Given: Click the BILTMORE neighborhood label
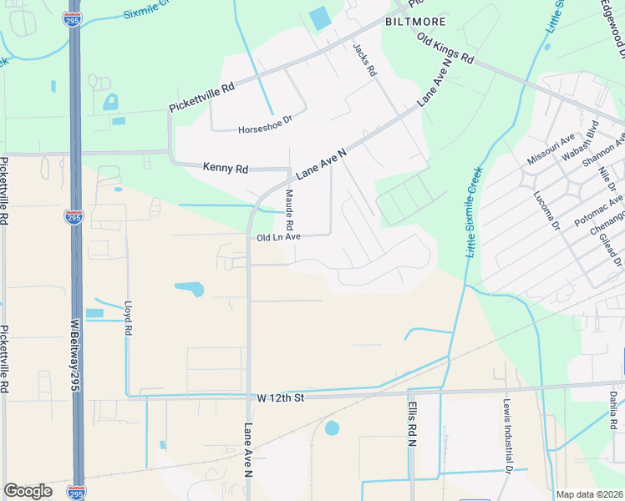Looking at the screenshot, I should pos(415,20).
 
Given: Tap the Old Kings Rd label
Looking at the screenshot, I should pos(445,50).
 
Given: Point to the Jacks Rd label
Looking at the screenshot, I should pos(366,60).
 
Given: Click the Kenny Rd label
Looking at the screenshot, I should pos(226,168).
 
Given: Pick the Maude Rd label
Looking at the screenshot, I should pos(289,210).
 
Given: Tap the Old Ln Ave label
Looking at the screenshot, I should pos(278,237).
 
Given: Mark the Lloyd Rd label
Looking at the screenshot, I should pos(128,318).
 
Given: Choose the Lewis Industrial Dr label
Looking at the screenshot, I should pos(507,436).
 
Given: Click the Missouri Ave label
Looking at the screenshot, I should pos(551,149).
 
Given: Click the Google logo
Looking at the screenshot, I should pos(28,491).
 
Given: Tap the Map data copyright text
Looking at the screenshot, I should pos(589,494).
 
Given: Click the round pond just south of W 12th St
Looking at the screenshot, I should pos(332,428).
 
